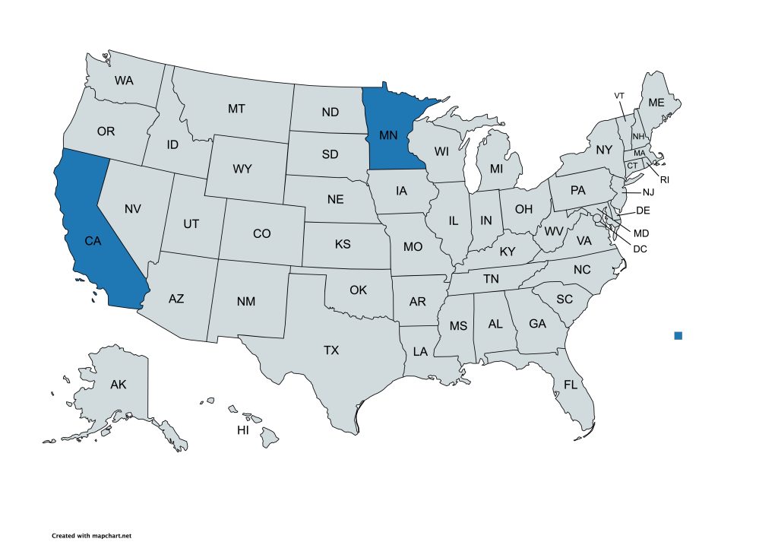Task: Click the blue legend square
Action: click(678, 335)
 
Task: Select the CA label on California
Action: click(93, 241)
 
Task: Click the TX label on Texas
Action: click(331, 350)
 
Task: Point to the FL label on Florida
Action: click(571, 385)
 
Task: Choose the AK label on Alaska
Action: click(118, 385)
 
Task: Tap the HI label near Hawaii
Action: click(243, 430)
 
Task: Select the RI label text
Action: click(664, 180)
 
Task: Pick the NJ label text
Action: click(648, 192)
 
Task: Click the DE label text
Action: click(643, 211)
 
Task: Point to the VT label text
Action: click(619, 96)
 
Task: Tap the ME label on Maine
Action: click(655, 103)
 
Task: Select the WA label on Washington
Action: click(125, 80)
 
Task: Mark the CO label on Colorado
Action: click(261, 233)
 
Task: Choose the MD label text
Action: click(641, 233)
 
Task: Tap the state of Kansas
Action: click(342, 245)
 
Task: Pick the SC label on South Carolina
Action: click(564, 299)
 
